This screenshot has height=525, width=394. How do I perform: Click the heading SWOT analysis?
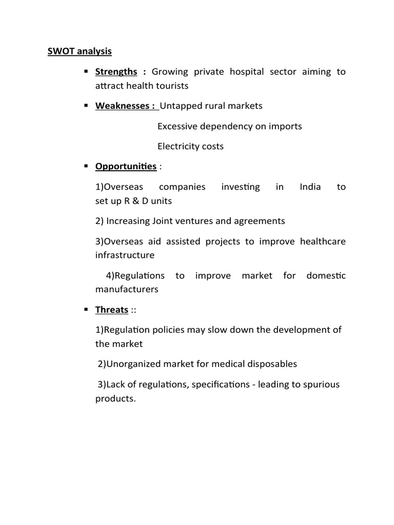pyautogui.click(x=80, y=51)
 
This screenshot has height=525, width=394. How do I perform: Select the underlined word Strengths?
pyautogui.click(x=116, y=72)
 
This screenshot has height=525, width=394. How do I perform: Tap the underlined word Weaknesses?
pyautogui.click(x=123, y=106)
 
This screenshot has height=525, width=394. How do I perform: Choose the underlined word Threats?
pyautogui.click(x=112, y=310)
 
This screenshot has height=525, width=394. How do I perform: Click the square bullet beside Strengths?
pyautogui.click(x=86, y=71)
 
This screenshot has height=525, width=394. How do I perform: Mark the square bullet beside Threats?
pyautogui.click(x=86, y=309)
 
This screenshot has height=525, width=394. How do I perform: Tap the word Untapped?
pyautogui.click(x=181, y=106)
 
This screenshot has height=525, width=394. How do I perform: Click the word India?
pyautogui.click(x=310, y=187)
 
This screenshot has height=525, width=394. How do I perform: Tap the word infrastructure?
pyautogui.click(x=125, y=255)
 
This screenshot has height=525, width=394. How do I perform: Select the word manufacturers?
pyautogui.click(x=127, y=289)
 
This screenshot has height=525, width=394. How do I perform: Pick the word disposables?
pyautogui.click(x=269, y=364)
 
